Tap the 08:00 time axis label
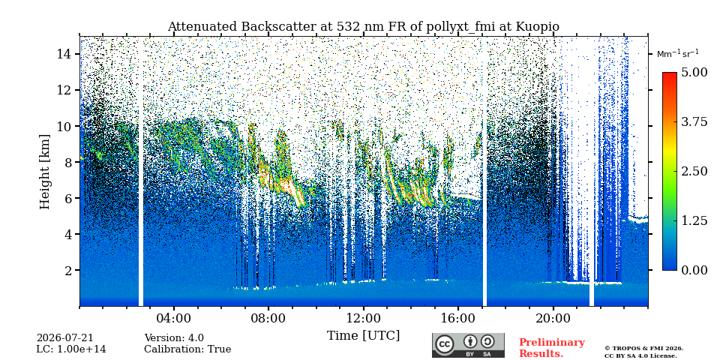[x=268, y=318]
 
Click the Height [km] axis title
[x=44, y=172]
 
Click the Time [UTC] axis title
[x=363, y=335]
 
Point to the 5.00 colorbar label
[x=694, y=72]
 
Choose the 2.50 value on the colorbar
[x=694, y=171]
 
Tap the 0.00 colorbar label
[x=694, y=270]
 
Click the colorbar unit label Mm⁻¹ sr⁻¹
[x=678, y=54]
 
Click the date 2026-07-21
[x=64, y=338]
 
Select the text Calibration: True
[x=187, y=349]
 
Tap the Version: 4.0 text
[x=174, y=338]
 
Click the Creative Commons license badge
[x=468, y=345]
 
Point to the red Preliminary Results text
[x=552, y=348]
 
